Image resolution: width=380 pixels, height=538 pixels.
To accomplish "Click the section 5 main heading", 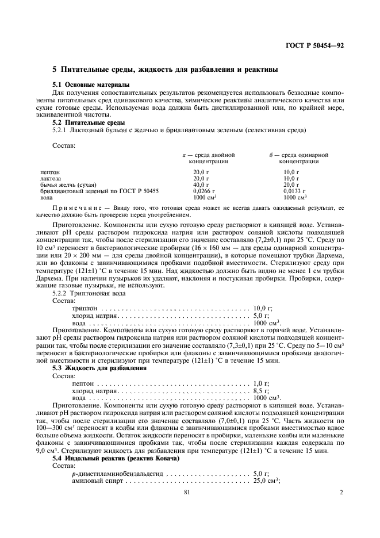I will tap(166, 70).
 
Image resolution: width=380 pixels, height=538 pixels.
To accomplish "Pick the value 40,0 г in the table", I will tap(200, 185).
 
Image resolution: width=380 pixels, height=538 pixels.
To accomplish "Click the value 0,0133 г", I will tap(294, 190).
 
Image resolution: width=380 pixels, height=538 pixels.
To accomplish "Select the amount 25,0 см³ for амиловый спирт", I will tap(266, 481).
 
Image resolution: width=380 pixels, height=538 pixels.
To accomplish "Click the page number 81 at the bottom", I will tap(187, 509).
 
